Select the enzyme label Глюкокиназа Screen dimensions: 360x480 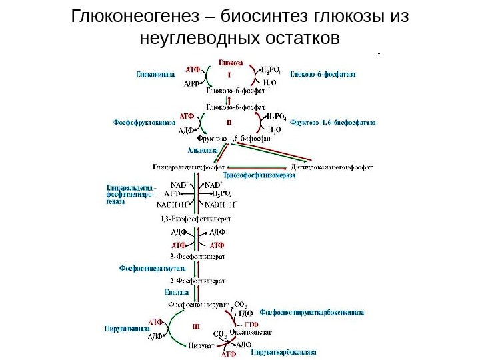coord(156,75)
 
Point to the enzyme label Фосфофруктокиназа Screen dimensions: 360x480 coord(144,123)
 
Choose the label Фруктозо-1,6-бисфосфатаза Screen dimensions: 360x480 coord(333,123)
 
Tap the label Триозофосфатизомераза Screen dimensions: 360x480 coord(254,175)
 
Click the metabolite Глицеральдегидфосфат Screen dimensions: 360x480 coord(191,167)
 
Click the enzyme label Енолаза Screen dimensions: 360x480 coord(177,292)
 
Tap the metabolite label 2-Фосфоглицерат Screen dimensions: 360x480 coord(198,280)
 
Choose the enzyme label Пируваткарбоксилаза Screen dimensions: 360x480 coord(284,351)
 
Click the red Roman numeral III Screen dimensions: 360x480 coord(197,327)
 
